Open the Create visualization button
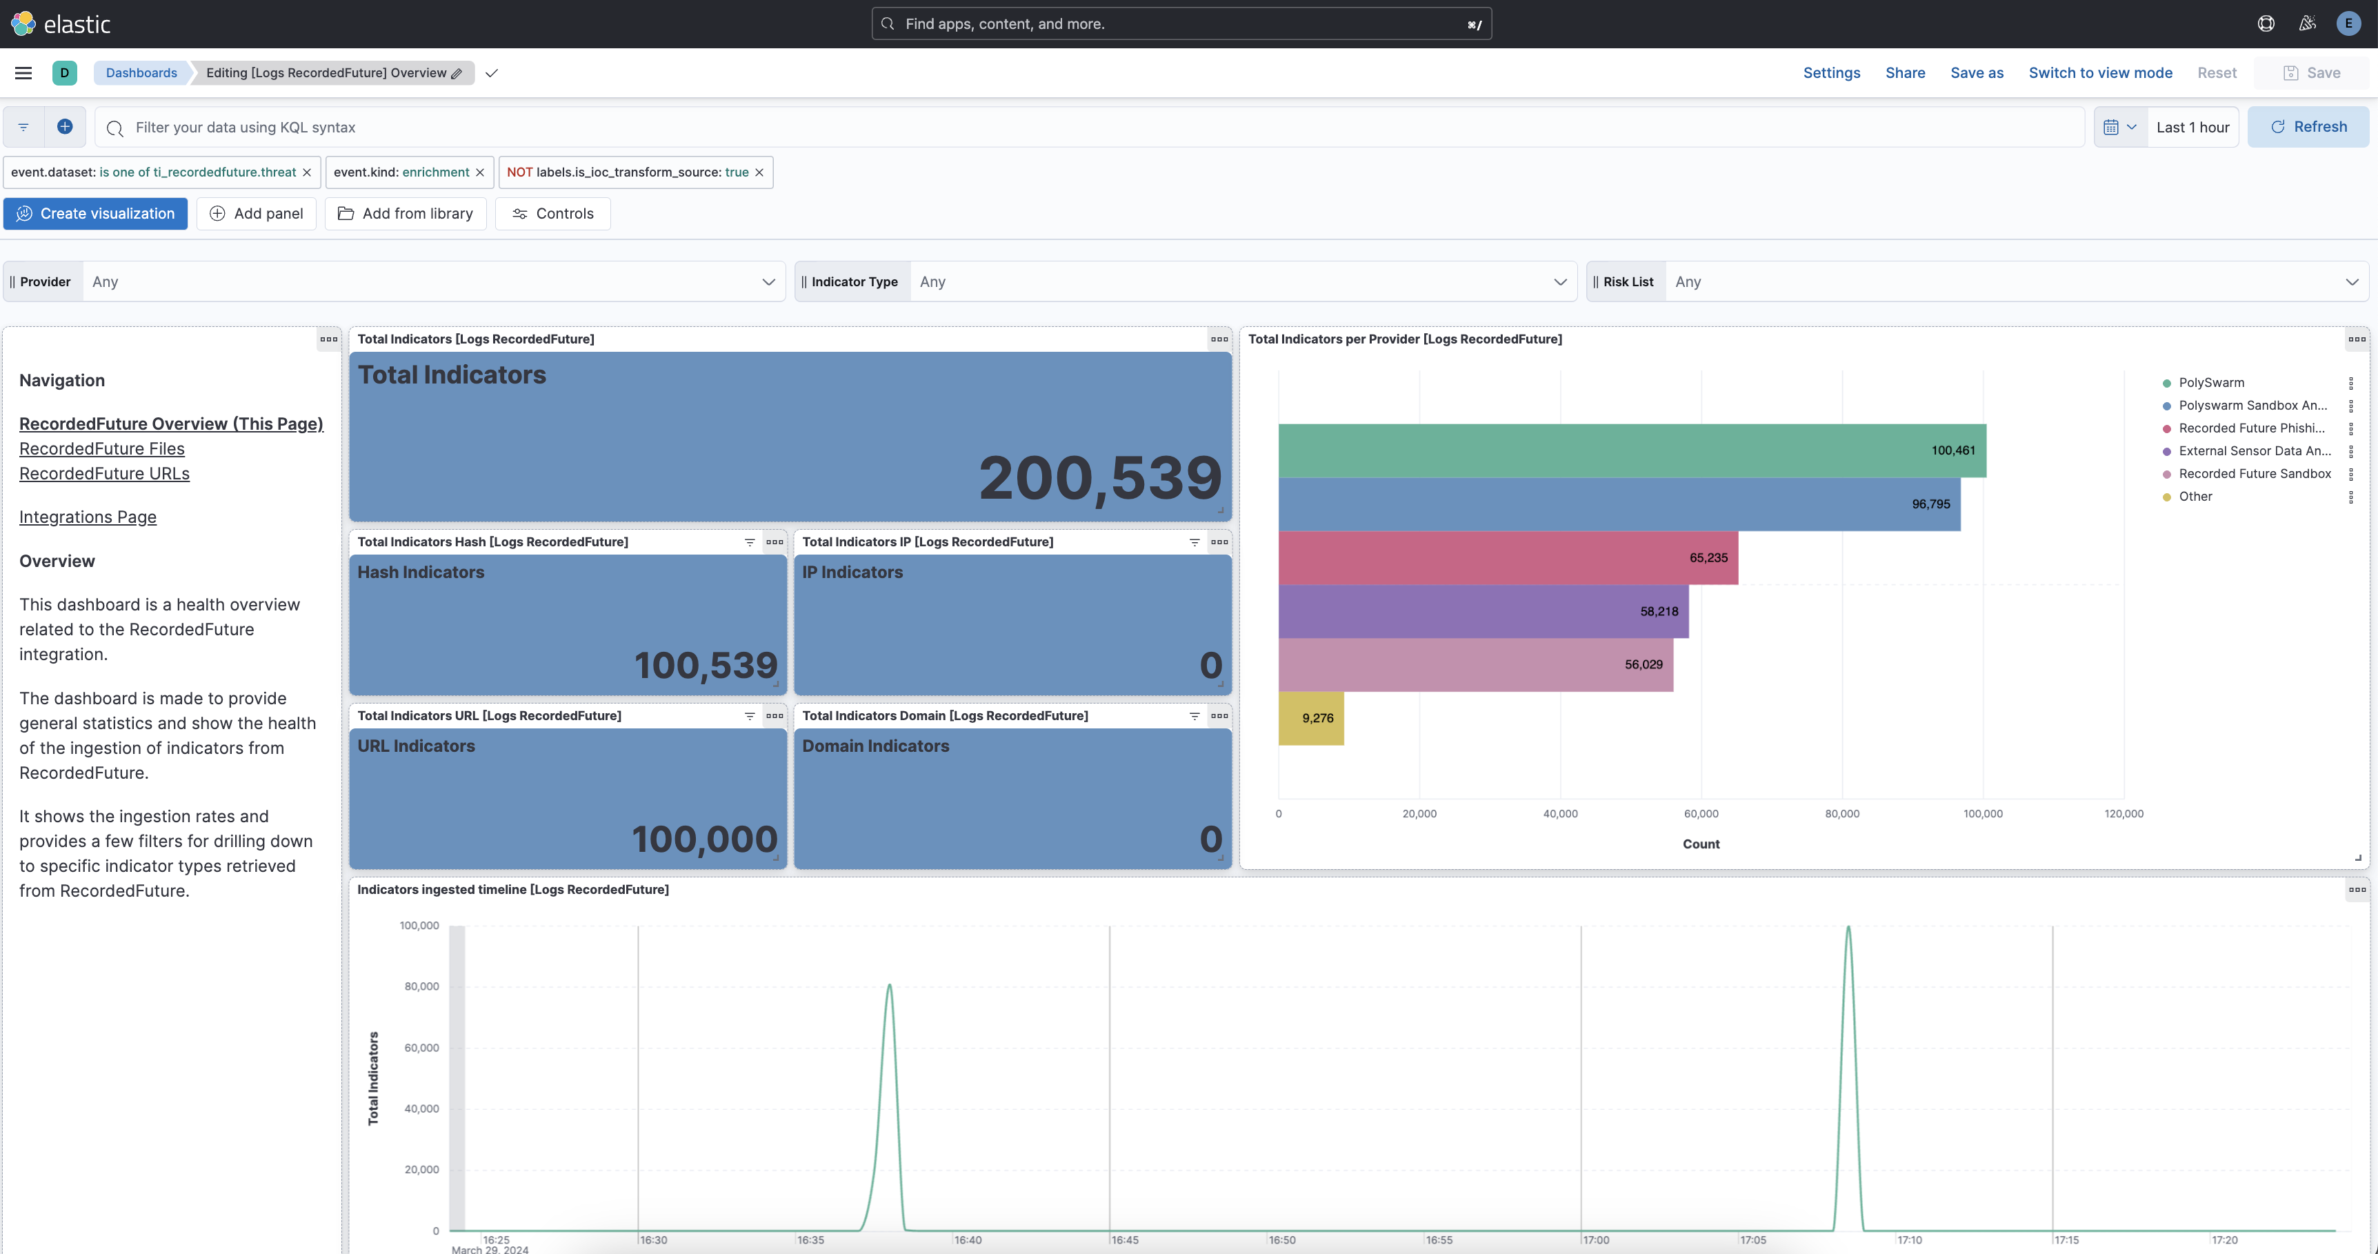pos(95,213)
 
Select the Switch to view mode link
pos(2099,73)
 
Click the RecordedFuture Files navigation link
pos(101,449)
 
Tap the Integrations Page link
pos(88,517)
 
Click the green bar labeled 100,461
pos(1631,450)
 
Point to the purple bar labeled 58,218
pos(1483,611)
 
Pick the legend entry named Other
pos(2195,497)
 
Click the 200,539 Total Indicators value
pos(1099,478)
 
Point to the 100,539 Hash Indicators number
pos(706,666)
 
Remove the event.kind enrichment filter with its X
pos(480,172)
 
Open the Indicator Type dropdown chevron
pos(1559,281)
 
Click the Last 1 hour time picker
pos(2192,128)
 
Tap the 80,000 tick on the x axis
pos(1841,813)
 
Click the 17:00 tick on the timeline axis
pos(1596,1240)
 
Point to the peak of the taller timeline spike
pos(1848,927)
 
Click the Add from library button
pos(406,213)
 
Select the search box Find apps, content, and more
pos(1181,24)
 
